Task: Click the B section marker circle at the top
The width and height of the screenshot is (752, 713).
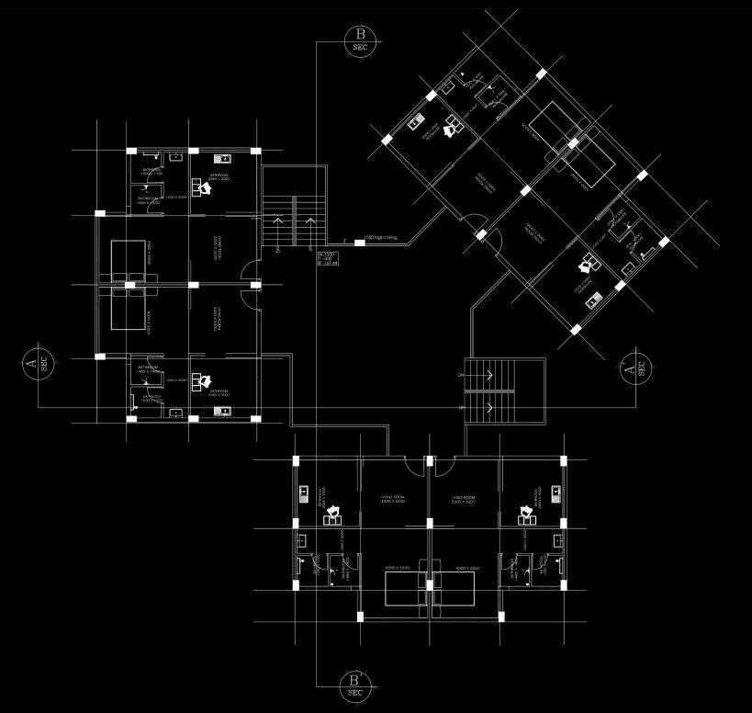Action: point(359,41)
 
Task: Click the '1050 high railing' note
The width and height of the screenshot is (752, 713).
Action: point(380,239)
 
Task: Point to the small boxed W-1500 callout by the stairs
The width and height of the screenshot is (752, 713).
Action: point(328,258)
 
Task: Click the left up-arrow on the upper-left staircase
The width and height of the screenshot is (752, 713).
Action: point(277,224)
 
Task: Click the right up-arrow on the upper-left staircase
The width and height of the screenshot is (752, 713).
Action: point(310,224)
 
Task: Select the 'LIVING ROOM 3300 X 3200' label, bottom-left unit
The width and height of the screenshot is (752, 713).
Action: point(393,500)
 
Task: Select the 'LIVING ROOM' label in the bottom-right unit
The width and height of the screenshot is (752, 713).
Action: point(463,500)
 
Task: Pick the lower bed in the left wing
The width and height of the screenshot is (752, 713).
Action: point(128,308)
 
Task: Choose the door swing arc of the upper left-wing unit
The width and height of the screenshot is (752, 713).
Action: point(245,272)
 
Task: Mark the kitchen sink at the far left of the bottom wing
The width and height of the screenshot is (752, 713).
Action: point(302,493)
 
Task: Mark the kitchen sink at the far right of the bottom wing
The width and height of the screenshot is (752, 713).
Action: point(556,493)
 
